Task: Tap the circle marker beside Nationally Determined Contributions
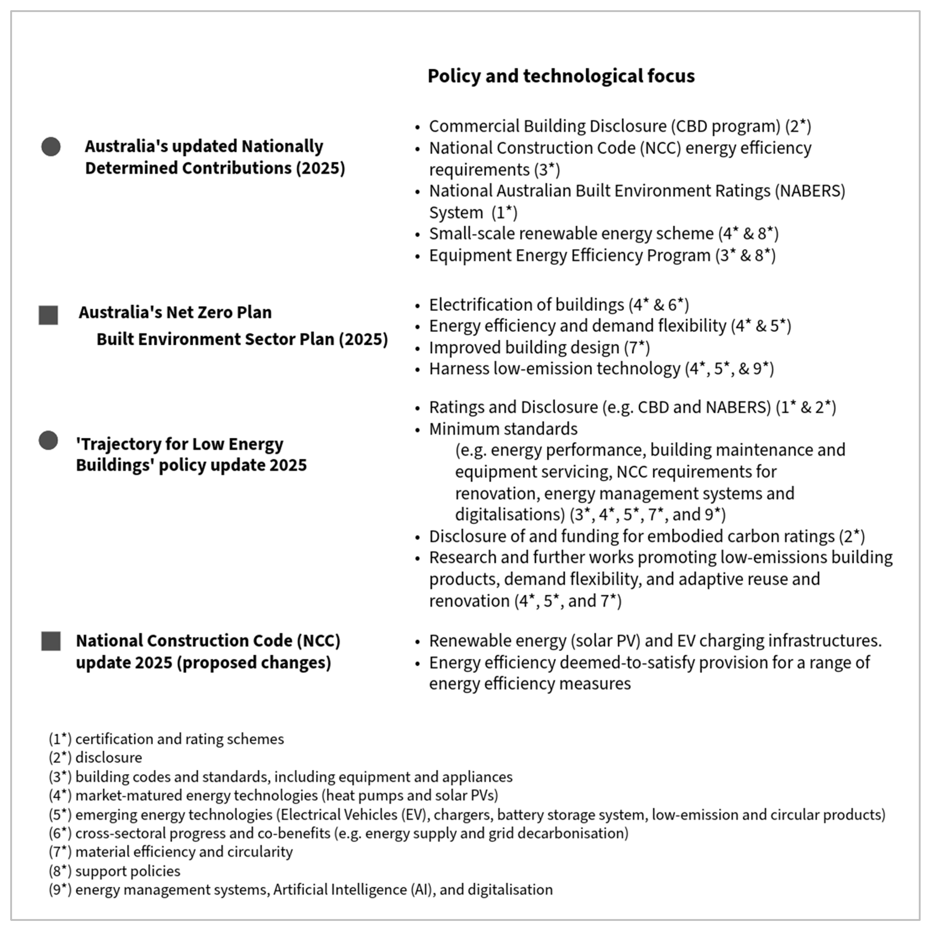click(x=51, y=147)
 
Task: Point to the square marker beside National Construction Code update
click(x=51, y=641)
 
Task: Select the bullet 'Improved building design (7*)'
click(x=539, y=348)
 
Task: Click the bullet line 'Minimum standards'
click(x=503, y=429)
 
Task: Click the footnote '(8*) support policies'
click(x=114, y=871)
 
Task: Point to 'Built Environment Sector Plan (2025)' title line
click(x=242, y=339)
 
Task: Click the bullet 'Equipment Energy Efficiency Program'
click(x=569, y=255)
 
